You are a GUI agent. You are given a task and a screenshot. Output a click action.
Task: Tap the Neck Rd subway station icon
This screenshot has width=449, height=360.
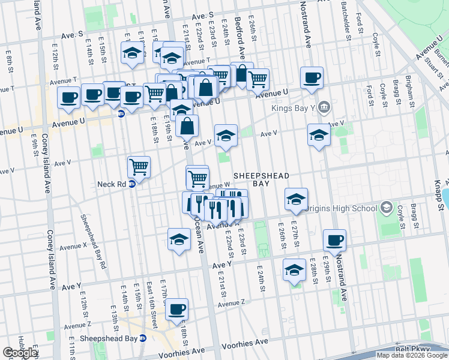pos(132,184)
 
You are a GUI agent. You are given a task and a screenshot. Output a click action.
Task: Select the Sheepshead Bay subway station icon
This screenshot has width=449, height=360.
pos(142,338)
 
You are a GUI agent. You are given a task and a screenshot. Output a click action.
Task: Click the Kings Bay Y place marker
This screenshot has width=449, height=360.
pos(324,107)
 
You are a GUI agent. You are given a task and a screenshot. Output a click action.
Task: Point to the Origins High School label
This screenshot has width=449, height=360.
pos(341,209)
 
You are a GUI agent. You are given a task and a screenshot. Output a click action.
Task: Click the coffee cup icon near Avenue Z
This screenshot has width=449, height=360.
pos(176,310)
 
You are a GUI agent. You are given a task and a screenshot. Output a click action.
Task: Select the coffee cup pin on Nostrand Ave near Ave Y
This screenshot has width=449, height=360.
pos(334,241)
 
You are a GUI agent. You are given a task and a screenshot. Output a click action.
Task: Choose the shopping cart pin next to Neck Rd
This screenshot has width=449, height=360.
pos(139,166)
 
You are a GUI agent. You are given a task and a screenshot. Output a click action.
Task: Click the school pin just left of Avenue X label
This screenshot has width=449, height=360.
pos(179,239)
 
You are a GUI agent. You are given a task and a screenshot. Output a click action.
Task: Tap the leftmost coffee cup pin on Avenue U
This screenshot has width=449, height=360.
pos(68,97)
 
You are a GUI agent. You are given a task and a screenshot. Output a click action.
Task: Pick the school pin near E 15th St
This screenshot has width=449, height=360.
pos(131,53)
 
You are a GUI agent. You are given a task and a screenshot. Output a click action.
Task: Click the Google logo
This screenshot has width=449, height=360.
pos(20,353)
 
